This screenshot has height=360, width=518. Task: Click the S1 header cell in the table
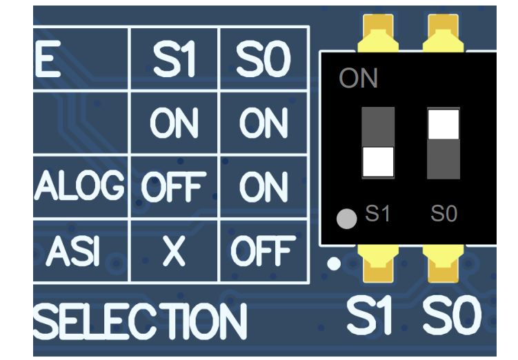(x=174, y=60)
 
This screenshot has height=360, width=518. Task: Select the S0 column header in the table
(x=263, y=60)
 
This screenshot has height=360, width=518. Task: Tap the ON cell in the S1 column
(x=174, y=124)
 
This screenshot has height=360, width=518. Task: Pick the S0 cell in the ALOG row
(x=263, y=187)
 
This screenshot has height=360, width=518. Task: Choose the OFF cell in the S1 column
(x=174, y=187)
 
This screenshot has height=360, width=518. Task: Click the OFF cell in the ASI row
(x=263, y=252)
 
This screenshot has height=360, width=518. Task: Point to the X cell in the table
(x=174, y=252)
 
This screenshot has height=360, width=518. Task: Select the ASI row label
(x=74, y=252)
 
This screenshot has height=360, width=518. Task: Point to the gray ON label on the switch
(x=359, y=79)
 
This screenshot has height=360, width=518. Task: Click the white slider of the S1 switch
(x=378, y=161)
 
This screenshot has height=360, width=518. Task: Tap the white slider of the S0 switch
(x=444, y=124)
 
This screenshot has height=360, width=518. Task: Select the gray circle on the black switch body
(x=346, y=219)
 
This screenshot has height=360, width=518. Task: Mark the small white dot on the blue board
(x=334, y=263)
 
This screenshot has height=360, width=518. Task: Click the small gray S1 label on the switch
(x=377, y=214)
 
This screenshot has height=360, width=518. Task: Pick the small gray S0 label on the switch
(x=444, y=214)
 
